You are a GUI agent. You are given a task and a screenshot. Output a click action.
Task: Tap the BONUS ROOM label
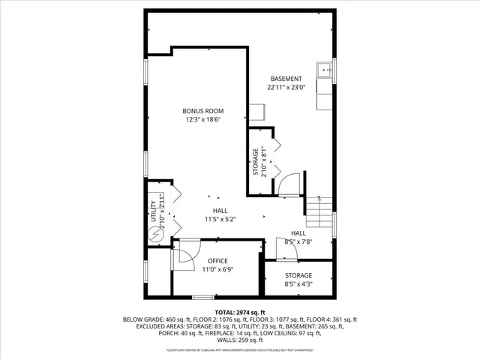[x=203, y=111]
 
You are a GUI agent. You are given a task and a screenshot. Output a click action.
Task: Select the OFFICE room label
[x=218, y=261]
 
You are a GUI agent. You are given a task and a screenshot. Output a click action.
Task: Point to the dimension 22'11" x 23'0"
[x=286, y=88]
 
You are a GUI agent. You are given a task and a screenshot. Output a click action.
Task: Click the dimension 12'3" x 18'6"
[x=204, y=120]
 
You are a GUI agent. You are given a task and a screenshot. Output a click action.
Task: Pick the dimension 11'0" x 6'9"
[x=218, y=270]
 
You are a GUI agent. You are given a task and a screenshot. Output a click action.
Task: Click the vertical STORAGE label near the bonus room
[x=255, y=161]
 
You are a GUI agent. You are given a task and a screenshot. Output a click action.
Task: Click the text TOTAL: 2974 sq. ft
[x=240, y=312]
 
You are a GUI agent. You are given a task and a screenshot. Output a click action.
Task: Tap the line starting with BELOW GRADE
[x=240, y=319]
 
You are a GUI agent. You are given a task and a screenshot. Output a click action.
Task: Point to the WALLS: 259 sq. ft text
[x=240, y=340]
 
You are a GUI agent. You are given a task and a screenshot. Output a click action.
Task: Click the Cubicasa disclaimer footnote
[x=240, y=350]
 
